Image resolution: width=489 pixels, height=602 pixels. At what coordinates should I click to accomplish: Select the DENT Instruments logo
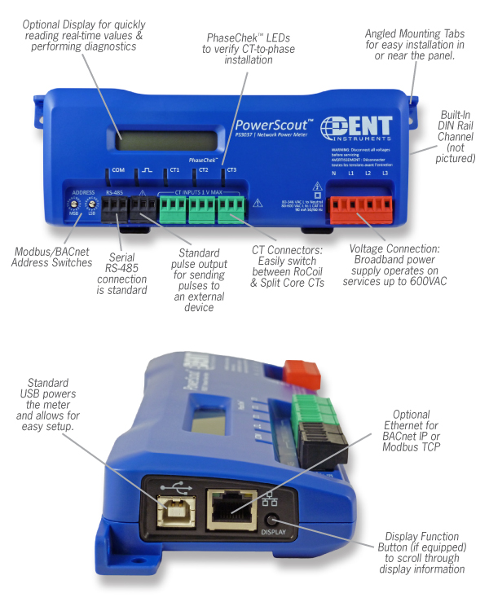pos(356,130)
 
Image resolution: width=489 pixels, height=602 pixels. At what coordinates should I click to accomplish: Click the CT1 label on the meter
pos(173,170)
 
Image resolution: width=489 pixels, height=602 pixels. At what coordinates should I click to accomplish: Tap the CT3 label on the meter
pos(231,170)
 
